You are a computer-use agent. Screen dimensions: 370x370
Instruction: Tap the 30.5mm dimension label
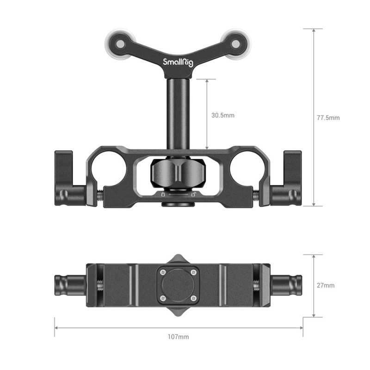pyautogui.click(x=223, y=115)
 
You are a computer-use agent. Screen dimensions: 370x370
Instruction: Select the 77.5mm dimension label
pyautogui.click(x=328, y=118)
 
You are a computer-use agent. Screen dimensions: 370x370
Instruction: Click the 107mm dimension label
pyautogui.click(x=179, y=337)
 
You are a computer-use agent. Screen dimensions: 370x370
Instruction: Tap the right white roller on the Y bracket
pyautogui.click(x=236, y=43)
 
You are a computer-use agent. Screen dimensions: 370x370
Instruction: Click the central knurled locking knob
pyautogui.click(x=178, y=173)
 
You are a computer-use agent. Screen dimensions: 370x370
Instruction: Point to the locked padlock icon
pyautogui.click(x=162, y=195)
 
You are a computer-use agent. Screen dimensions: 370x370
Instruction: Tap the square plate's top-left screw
pyautogui.click(x=163, y=272)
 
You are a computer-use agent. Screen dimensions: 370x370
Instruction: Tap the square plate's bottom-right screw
pyautogui.click(x=193, y=298)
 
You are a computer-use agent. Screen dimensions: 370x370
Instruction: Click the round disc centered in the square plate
pyautogui.click(x=178, y=285)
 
